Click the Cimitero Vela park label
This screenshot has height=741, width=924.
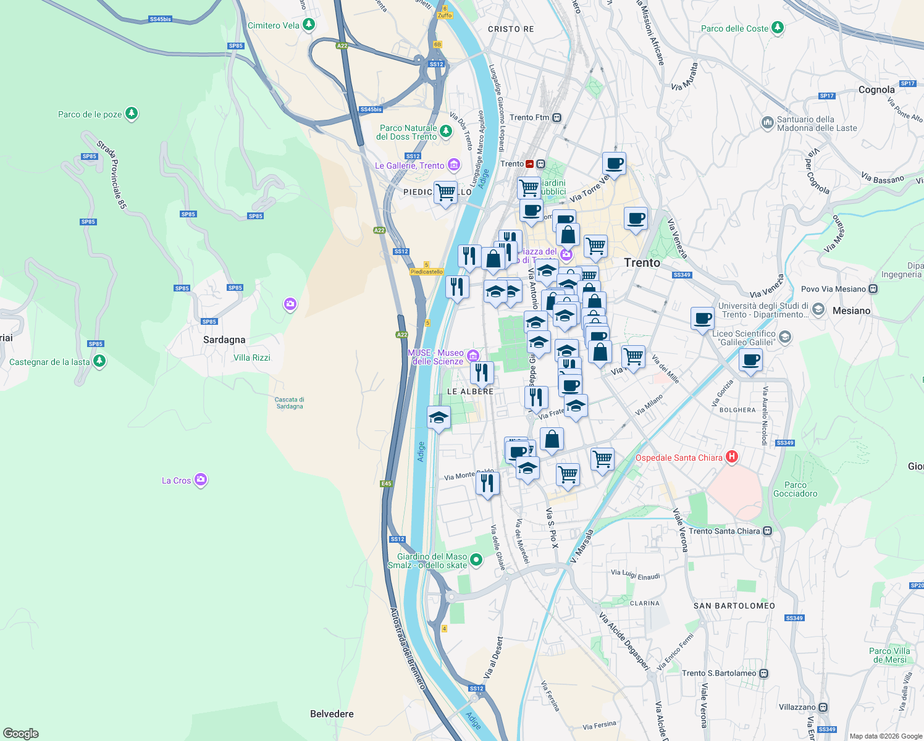click(273, 26)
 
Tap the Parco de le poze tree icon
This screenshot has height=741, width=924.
click(131, 114)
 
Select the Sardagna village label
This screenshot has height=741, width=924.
click(224, 340)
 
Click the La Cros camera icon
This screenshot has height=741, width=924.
click(200, 480)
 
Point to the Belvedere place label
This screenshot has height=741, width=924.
click(332, 714)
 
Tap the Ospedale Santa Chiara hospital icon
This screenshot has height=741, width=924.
click(732, 457)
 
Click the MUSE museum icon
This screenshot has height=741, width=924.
click(473, 355)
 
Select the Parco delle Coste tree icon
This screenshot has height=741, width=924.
click(778, 28)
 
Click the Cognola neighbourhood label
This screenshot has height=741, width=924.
click(876, 90)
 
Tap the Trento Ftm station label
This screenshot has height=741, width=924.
click(529, 117)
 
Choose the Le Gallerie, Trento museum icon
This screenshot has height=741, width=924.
click(454, 165)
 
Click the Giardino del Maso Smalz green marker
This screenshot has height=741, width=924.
click(476, 559)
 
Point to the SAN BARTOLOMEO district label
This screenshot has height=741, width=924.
click(734, 606)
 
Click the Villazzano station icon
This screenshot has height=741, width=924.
click(823, 707)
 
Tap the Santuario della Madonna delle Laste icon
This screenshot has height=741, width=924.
click(768, 122)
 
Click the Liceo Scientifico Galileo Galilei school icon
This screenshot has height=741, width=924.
click(785, 337)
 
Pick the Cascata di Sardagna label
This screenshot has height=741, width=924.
click(290, 403)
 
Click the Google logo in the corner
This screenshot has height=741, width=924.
click(21, 733)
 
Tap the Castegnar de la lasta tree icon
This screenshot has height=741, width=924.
click(99, 361)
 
